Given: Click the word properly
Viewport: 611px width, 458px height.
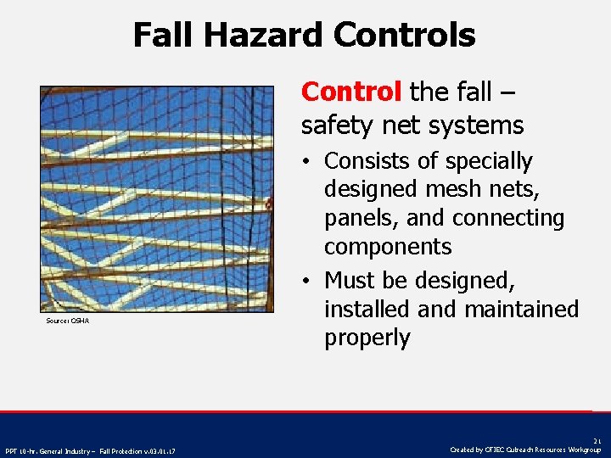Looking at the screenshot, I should pyautogui.click(x=367, y=338).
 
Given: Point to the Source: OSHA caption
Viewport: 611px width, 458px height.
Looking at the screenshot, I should pyautogui.click(x=68, y=321).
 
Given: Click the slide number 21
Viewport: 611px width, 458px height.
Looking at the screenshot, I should pyautogui.click(x=597, y=442).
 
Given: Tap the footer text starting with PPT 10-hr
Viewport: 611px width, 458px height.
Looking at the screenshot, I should pyautogui.click(x=90, y=450).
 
